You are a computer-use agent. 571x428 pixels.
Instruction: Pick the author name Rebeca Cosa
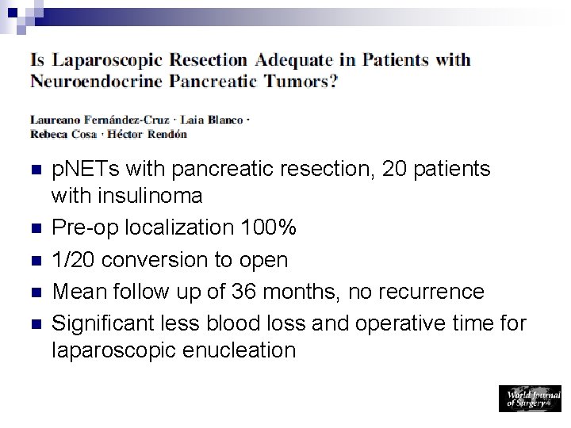pyautogui.click(x=62, y=134)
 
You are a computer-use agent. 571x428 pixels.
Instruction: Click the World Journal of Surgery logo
pyautogui.click(x=529, y=398)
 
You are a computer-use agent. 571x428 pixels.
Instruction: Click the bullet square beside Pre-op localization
pyautogui.click(x=33, y=227)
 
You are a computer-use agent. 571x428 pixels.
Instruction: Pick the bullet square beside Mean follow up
pyautogui.click(x=33, y=292)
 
